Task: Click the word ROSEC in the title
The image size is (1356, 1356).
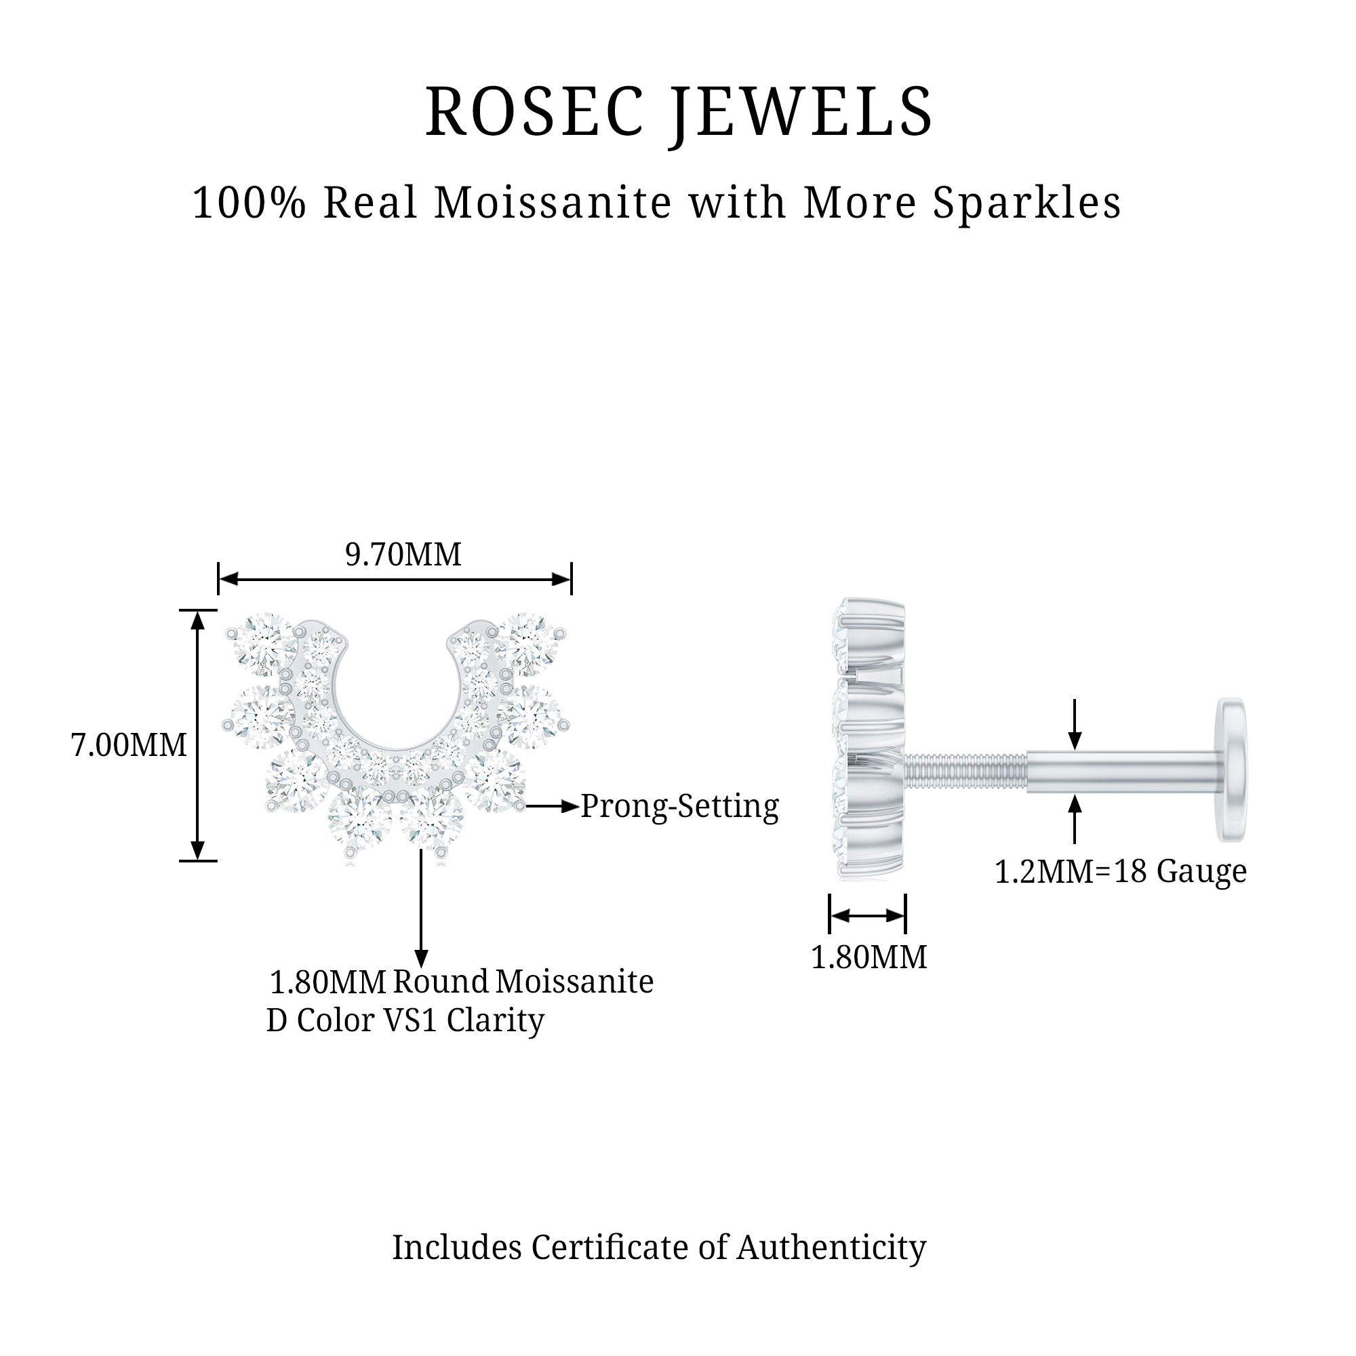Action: (534, 113)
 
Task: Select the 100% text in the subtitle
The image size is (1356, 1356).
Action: (249, 203)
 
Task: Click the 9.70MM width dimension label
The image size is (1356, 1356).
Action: (403, 555)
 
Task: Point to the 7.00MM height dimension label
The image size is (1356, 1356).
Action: (129, 744)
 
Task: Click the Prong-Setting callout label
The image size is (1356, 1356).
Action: (679, 805)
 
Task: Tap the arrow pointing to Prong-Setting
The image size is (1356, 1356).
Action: (552, 806)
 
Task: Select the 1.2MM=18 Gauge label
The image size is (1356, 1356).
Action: (1120, 872)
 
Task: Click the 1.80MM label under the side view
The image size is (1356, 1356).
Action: (869, 957)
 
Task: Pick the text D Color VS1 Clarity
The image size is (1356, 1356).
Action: (405, 1020)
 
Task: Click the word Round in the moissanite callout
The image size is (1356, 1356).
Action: (440, 981)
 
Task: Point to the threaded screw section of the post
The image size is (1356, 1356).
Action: (965, 770)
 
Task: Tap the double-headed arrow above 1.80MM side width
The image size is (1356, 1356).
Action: (868, 915)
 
